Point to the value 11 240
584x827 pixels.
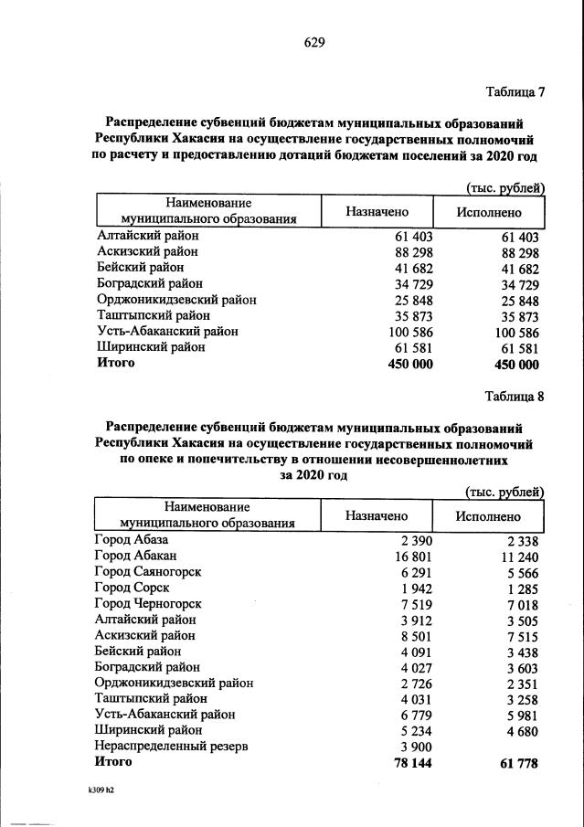(519, 556)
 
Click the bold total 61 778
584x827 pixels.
(517, 761)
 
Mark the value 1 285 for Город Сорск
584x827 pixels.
(522, 588)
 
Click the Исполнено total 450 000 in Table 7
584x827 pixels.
(515, 364)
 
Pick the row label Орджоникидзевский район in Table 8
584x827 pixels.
(175, 683)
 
